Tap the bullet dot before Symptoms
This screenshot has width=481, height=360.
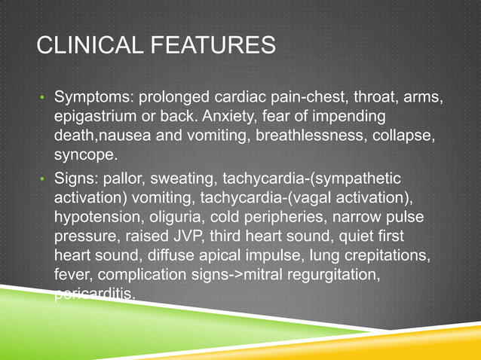click(43, 100)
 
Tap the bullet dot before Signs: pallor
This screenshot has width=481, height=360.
click(43, 178)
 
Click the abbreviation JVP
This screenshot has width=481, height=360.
click(191, 236)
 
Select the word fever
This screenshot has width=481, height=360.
click(72, 276)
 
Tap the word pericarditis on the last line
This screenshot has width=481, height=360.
click(94, 295)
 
